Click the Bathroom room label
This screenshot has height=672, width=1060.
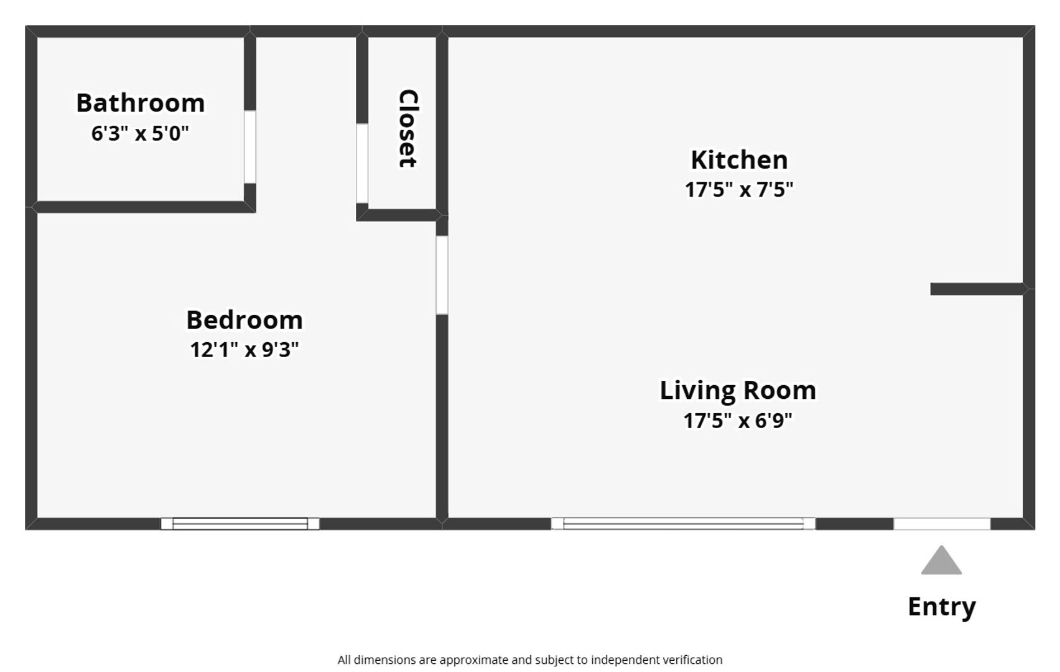(x=141, y=103)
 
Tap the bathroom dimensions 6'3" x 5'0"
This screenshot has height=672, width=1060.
(x=140, y=133)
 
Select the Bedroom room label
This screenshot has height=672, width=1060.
(x=244, y=320)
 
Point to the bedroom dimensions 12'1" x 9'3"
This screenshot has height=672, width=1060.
(x=244, y=350)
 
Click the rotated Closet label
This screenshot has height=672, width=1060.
(x=408, y=128)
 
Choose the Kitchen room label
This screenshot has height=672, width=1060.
(x=739, y=160)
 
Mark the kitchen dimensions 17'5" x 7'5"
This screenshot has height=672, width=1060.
(x=738, y=190)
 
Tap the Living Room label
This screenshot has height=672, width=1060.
(x=738, y=391)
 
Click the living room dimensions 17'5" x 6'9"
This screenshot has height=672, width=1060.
(x=738, y=420)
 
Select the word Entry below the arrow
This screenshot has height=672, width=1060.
(x=942, y=607)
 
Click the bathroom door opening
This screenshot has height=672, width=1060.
(x=250, y=147)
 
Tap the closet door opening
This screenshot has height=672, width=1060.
(x=362, y=163)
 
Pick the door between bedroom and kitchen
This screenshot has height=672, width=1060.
(x=442, y=275)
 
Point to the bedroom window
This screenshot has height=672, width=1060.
(x=240, y=524)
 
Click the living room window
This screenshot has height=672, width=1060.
(x=683, y=524)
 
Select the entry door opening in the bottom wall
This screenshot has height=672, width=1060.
(x=942, y=524)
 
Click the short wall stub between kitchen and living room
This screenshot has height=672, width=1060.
(x=977, y=289)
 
